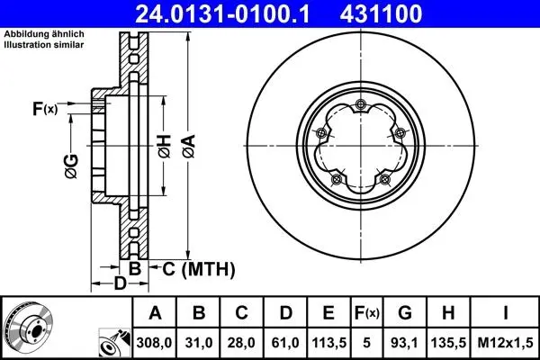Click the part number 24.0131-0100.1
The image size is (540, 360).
click(222, 13)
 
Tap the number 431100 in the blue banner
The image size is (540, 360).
click(381, 13)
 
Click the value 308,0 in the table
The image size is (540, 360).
click(154, 343)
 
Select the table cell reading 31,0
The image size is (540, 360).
click(199, 343)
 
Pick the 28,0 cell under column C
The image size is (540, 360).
click(242, 343)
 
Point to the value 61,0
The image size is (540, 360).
click(285, 343)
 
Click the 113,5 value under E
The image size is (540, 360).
click(328, 343)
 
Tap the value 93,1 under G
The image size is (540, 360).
click(405, 343)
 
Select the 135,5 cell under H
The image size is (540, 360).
click(448, 343)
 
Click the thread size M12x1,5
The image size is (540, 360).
click(505, 343)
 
